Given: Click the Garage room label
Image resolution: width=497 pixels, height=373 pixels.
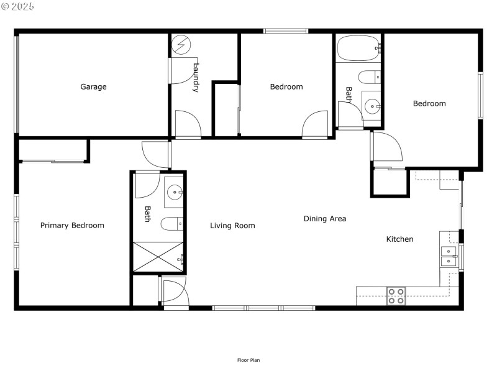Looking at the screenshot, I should [x=93, y=86].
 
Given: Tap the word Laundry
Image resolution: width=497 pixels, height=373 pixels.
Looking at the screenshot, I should [x=196, y=78].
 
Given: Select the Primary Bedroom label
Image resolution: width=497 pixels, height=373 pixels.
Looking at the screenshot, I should [x=72, y=225].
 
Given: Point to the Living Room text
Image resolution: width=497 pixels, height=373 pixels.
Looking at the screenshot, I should [x=232, y=226].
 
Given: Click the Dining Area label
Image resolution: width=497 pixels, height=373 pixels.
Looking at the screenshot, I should [x=325, y=219].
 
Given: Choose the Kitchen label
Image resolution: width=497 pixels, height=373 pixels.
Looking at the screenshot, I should [x=399, y=239].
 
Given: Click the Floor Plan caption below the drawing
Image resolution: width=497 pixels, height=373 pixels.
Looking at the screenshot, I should [x=248, y=360].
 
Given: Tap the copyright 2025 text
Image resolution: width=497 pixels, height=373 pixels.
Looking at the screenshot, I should [x=18, y=6].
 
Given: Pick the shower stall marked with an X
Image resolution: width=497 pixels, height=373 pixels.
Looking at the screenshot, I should [x=158, y=257].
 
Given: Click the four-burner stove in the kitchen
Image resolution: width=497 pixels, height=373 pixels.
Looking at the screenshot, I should [x=396, y=296].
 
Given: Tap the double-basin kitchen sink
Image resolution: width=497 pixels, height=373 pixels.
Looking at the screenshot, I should [x=448, y=256].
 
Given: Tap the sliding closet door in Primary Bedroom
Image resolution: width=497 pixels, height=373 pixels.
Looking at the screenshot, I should [x=53, y=162].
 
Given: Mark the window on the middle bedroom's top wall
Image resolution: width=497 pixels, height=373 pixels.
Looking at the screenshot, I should [x=285, y=30].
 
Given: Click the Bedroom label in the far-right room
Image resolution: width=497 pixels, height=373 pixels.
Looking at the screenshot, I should [x=429, y=103].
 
